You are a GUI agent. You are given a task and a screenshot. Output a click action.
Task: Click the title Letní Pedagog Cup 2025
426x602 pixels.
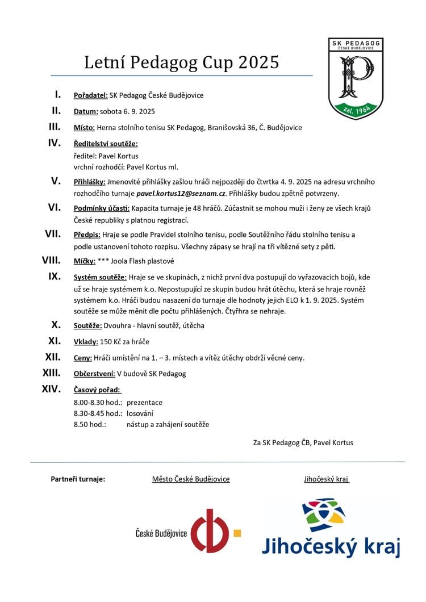(182, 62)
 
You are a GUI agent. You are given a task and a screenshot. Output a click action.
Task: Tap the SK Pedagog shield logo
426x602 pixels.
(356, 77)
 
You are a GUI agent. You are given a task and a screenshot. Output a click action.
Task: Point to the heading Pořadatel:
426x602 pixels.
(91, 95)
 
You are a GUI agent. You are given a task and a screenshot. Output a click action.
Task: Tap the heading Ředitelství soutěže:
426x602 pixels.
(106, 144)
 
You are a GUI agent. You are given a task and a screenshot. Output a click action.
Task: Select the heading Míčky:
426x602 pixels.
(85, 261)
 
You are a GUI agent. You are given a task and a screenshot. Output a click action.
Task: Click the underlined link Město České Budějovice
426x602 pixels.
(191, 479)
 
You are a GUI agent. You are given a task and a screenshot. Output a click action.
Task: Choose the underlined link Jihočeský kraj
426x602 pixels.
(327, 479)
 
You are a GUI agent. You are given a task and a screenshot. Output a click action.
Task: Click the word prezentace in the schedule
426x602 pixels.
(144, 402)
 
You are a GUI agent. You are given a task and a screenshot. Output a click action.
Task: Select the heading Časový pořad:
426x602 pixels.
(98, 390)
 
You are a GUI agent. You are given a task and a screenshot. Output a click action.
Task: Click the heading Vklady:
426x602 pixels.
(86, 342)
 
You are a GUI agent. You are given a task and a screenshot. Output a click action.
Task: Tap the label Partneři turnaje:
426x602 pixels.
(78, 479)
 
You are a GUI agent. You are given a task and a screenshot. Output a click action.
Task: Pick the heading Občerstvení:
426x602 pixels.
(94, 374)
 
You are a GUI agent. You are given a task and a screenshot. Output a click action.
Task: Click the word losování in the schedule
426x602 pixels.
(140, 413)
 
